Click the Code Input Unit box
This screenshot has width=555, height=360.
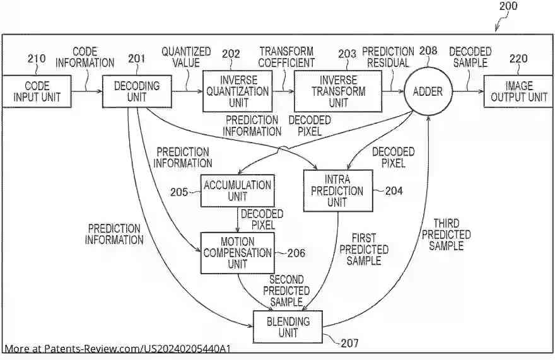(36, 91)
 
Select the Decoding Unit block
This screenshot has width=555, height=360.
(137, 91)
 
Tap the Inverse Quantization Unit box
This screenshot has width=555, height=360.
(237, 91)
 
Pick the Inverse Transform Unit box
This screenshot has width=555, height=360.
(338, 91)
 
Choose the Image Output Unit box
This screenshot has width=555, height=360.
(518, 91)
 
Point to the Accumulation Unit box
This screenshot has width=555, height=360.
(237, 190)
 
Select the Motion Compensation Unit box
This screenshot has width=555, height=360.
(237, 253)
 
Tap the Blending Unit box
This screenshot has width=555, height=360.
(287, 327)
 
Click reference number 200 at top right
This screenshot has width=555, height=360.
(507, 6)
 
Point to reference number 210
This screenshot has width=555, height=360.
(37, 59)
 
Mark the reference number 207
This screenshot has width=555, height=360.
(349, 344)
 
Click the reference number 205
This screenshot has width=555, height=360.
(179, 192)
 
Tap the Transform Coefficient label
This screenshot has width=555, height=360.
(287, 57)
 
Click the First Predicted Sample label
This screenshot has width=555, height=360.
(364, 249)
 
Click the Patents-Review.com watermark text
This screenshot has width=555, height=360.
(117, 349)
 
